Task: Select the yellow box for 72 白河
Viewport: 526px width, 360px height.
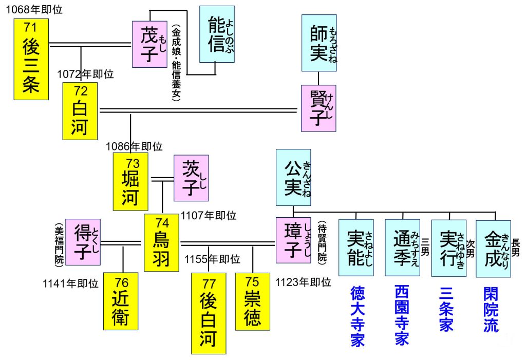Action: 80,111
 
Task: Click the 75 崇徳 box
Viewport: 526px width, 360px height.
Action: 252,301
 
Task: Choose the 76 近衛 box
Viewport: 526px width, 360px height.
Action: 121,301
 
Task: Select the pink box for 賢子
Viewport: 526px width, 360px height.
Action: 318,107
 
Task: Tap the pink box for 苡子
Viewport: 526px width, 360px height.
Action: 191,178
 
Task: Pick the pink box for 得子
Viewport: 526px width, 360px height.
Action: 83,241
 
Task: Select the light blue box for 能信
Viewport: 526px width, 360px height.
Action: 217,34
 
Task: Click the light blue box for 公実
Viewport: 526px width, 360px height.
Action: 293,177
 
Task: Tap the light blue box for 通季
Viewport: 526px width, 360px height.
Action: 402,248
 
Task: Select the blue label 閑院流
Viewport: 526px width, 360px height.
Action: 491,309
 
